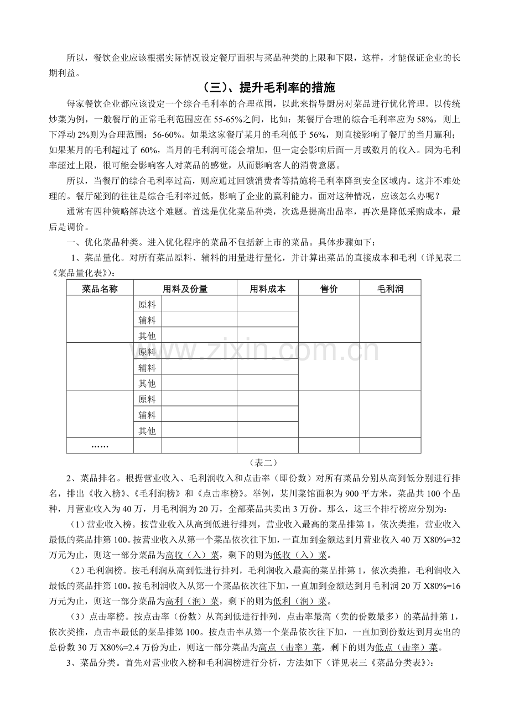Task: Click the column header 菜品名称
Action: pyautogui.click(x=100, y=288)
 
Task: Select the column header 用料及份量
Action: pyautogui.click(x=185, y=288)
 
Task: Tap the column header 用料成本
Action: pyautogui.click(x=268, y=288)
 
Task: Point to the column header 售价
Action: pyautogui.click(x=329, y=288)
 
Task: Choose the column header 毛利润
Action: pyautogui.click(x=391, y=288)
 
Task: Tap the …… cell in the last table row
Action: pyautogui.click(x=100, y=446)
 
